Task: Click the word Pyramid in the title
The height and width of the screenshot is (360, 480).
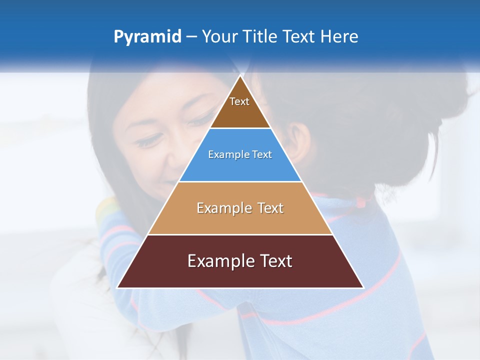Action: (147, 37)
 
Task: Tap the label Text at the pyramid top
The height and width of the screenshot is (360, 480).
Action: (239, 101)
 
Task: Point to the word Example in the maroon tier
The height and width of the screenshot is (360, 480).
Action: (219, 261)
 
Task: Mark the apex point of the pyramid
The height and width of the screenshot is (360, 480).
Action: (240, 76)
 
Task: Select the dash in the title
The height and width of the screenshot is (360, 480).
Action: (191, 37)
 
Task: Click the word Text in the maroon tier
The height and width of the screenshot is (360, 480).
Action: (274, 261)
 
